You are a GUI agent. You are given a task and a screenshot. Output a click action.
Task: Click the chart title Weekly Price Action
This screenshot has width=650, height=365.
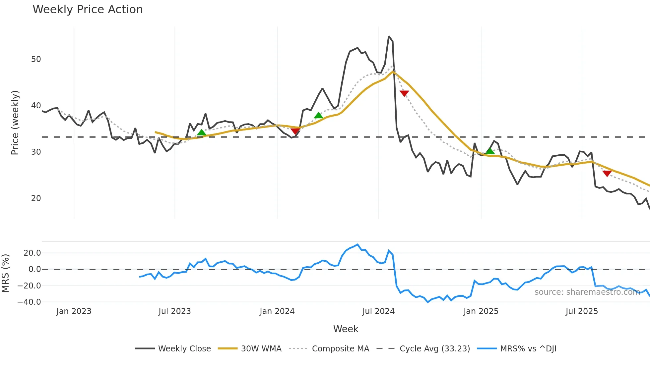[x=88, y=10]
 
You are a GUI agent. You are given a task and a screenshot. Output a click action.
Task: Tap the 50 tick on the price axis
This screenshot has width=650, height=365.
[x=36, y=59]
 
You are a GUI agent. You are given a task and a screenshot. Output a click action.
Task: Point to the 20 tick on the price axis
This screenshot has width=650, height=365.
[x=36, y=198]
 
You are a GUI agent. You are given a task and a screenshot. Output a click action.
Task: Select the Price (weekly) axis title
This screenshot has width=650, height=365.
[x=15, y=123]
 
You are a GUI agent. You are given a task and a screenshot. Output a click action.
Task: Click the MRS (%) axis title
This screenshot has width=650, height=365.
[x=5, y=273]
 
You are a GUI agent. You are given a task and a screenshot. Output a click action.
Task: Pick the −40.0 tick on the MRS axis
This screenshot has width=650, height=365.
[x=29, y=302]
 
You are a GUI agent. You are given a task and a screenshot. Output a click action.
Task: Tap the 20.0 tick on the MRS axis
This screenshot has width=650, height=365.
[x=32, y=253]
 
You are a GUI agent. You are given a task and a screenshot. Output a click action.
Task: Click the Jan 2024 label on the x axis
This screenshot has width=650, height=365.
[x=277, y=311]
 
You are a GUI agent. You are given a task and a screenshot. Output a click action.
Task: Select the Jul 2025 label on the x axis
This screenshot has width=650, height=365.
[x=582, y=311]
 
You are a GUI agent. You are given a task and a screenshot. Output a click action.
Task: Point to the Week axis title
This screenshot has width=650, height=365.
[x=346, y=329]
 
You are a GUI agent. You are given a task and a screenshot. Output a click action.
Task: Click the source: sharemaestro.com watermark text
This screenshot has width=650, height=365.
[x=587, y=292]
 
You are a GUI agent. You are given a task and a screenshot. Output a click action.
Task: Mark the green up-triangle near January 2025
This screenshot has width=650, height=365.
[x=490, y=151]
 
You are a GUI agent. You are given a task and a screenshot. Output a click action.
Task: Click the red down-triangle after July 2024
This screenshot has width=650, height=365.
[x=404, y=93]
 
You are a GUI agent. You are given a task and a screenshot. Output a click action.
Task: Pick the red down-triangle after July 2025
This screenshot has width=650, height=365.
[x=607, y=174]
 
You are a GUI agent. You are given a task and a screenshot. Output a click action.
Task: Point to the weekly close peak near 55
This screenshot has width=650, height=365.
[x=389, y=36]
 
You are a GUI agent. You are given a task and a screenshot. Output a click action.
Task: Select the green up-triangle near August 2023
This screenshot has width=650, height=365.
[x=201, y=133]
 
